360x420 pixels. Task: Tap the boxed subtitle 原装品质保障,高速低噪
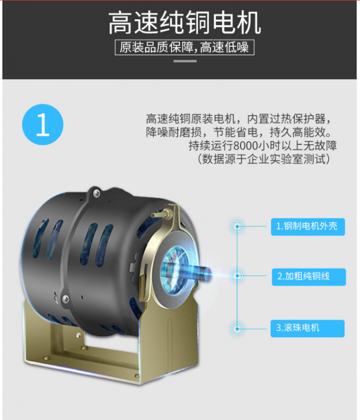pyautogui.click(x=184, y=48)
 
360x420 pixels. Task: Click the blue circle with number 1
pyautogui.click(x=43, y=124)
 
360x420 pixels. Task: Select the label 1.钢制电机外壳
pyautogui.click(x=308, y=227)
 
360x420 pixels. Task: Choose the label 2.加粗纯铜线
pyautogui.click(x=309, y=277)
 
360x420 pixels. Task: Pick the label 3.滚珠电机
pyautogui.click(x=308, y=328)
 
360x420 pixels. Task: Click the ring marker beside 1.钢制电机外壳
pyautogui.click(x=237, y=227)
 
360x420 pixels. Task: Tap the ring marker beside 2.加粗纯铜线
pyautogui.click(x=237, y=276)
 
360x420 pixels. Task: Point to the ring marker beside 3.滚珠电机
pyautogui.click(x=237, y=329)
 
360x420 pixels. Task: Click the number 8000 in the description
pyautogui.click(x=246, y=146)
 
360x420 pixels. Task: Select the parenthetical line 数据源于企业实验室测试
pyautogui.click(x=264, y=159)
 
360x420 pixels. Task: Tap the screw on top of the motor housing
pyautogui.click(x=96, y=192)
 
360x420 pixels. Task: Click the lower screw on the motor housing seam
pyautogui.click(x=65, y=298)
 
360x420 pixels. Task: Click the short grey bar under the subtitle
pyautogui.click(x=185, y=61)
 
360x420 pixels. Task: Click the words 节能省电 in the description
pyautogui.click(x=236, y=132)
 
